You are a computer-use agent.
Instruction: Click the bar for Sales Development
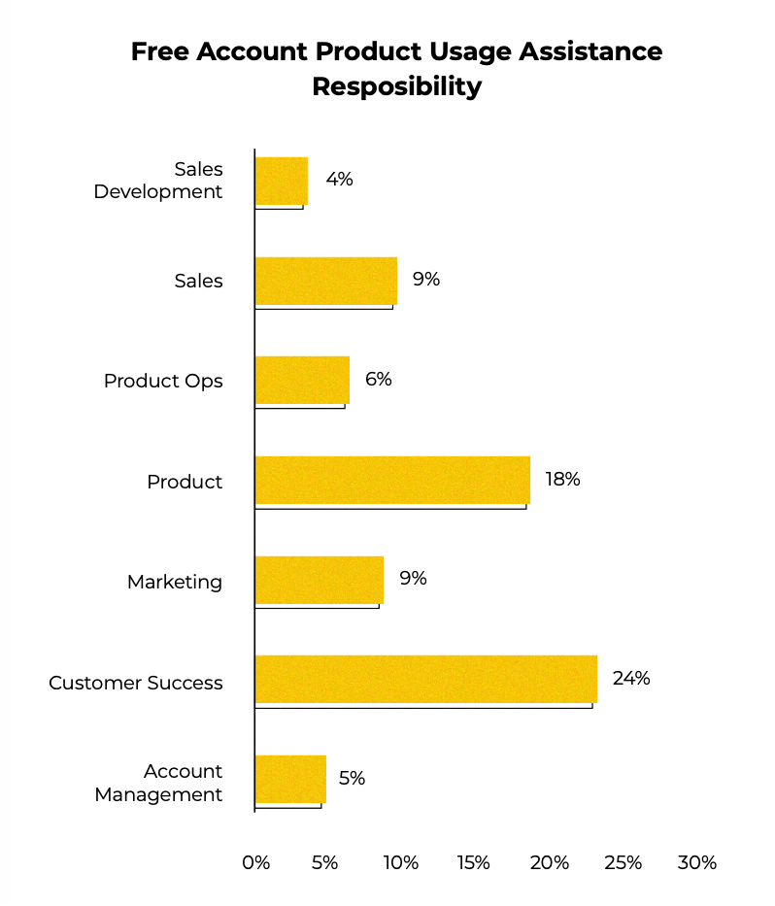282,181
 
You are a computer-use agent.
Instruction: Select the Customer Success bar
425,679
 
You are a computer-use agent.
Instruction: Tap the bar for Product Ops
302,380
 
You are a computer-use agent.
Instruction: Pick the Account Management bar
290,779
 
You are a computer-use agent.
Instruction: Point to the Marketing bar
320,580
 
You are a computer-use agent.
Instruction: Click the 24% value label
631,678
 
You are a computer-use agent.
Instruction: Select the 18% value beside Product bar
562,479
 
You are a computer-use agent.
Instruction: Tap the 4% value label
339,179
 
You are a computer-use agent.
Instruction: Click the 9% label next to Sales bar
425,280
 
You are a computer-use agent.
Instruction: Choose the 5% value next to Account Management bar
352,778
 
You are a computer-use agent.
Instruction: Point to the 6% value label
378,379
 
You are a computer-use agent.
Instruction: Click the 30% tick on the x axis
696,862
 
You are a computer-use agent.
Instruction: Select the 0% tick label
255,862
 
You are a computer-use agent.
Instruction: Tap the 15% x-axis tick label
474,862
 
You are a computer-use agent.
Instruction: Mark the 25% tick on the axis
623,862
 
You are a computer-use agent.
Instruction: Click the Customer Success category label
136,683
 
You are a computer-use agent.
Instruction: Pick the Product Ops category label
163,381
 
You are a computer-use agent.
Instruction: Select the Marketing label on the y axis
175,582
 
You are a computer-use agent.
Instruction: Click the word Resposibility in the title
396,86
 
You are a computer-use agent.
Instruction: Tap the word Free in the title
160,51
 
